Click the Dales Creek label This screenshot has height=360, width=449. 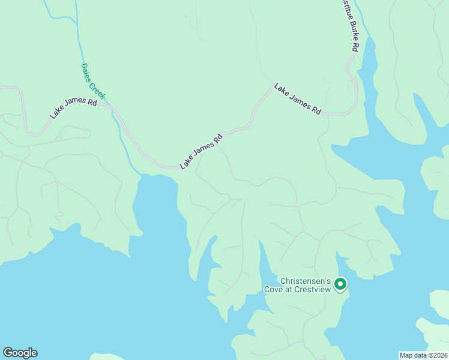(x=93, y=81)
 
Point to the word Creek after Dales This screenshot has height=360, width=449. (x=98, y=89)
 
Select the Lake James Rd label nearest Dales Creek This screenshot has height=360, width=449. (x=74, y=108)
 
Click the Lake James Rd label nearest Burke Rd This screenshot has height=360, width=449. (x=298, y=99)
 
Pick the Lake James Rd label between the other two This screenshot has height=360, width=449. (x=201, y=151)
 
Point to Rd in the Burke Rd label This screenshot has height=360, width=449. (x=355, y=47)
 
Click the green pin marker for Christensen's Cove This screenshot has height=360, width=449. (x=340, y=284)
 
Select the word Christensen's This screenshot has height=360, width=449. (x=306, y=280)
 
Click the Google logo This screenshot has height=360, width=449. (x=20, y=353)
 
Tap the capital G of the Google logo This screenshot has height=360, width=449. (x=8, y=353)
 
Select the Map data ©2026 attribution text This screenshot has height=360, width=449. (x=423, y=355)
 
